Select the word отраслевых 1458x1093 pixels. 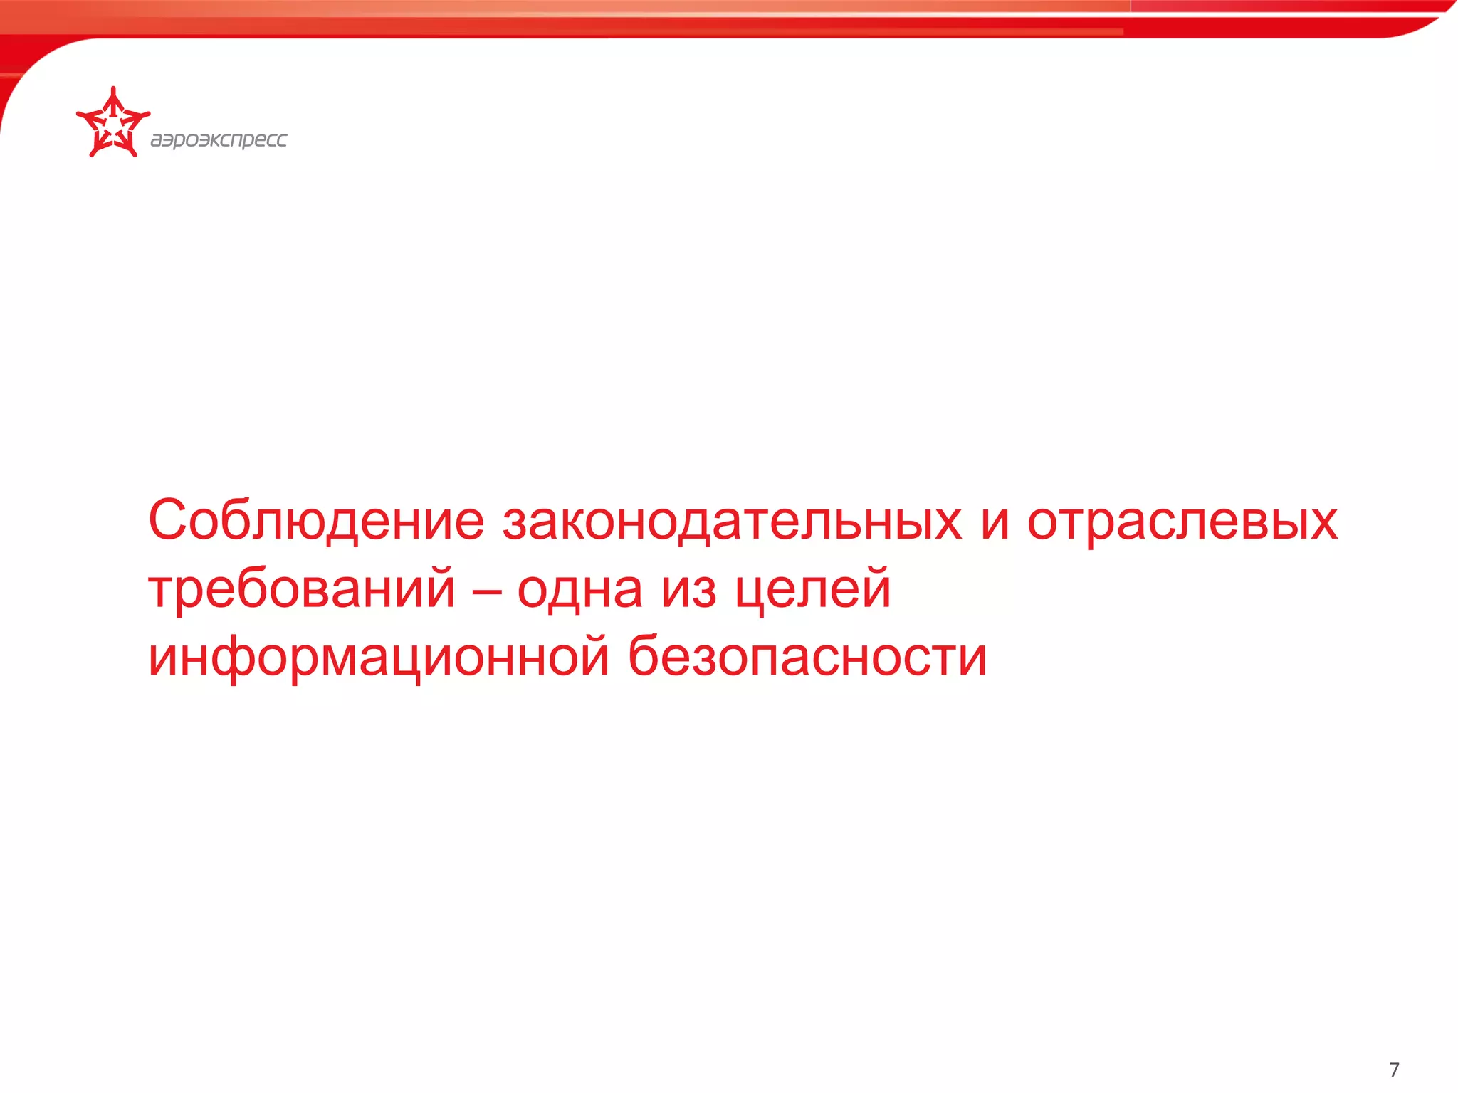(x=1182, y=521)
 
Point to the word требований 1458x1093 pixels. (x=302, y=589)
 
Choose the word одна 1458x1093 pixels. (x=579, y=589)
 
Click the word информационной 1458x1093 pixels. (x=379, y=658)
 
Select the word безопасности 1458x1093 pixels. (x=807, y=658)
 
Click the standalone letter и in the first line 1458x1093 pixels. (x=995, y=522)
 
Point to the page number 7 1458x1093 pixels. (x=1394, y=1070)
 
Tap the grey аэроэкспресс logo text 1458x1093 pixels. (x=219, y=139)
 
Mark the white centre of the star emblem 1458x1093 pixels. (x=112, y=127)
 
